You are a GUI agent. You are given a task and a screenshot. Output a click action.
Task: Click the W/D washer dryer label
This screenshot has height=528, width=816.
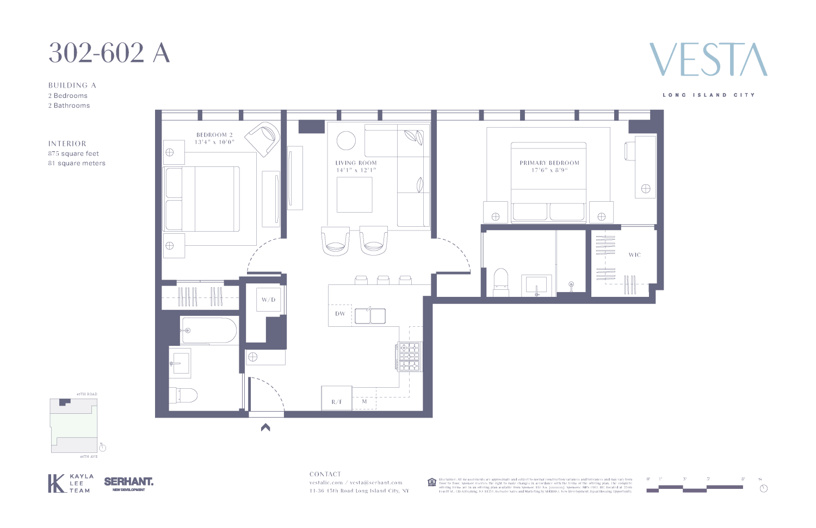(x=268, y=300)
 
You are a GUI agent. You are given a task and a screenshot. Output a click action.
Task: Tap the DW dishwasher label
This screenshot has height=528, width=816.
(x=340, y=314)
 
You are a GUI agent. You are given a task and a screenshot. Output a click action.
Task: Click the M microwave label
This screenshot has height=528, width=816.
(x=364, y=402)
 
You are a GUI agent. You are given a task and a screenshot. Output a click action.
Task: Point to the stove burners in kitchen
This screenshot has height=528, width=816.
(x=410, y=356)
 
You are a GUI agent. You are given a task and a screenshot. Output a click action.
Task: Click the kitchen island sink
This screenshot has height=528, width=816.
(x=370, y=316)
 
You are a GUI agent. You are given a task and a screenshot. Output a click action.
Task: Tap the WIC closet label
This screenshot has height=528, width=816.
(x=634, y=254)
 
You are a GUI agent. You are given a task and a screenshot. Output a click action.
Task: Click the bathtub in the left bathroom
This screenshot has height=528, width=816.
(x=209, y=331)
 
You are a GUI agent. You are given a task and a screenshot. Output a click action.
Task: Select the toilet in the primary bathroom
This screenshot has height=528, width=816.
(x=500, y=282)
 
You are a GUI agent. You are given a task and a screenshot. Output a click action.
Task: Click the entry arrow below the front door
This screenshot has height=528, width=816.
(x=265, y=427)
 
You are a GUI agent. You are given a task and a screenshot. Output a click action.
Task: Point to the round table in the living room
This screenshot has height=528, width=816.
(x=346, y=140)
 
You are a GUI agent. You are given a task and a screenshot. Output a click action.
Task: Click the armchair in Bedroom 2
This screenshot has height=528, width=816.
(x=263, y=138)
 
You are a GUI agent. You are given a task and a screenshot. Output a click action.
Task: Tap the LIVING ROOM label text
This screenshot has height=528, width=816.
(x=356, y=163)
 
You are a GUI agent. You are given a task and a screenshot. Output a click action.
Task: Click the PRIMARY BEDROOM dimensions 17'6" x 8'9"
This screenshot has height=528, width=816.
(x=549, y=170)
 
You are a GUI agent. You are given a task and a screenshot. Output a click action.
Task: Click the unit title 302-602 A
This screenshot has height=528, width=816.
(x=109, y=53)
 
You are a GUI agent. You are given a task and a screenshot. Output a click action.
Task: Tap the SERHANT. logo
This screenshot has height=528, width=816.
(x=128, y=482)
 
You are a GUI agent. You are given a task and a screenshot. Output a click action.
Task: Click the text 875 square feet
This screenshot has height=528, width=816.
(x=73, y=153)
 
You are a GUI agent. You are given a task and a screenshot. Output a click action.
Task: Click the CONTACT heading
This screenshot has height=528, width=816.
(x=325, y=474)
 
